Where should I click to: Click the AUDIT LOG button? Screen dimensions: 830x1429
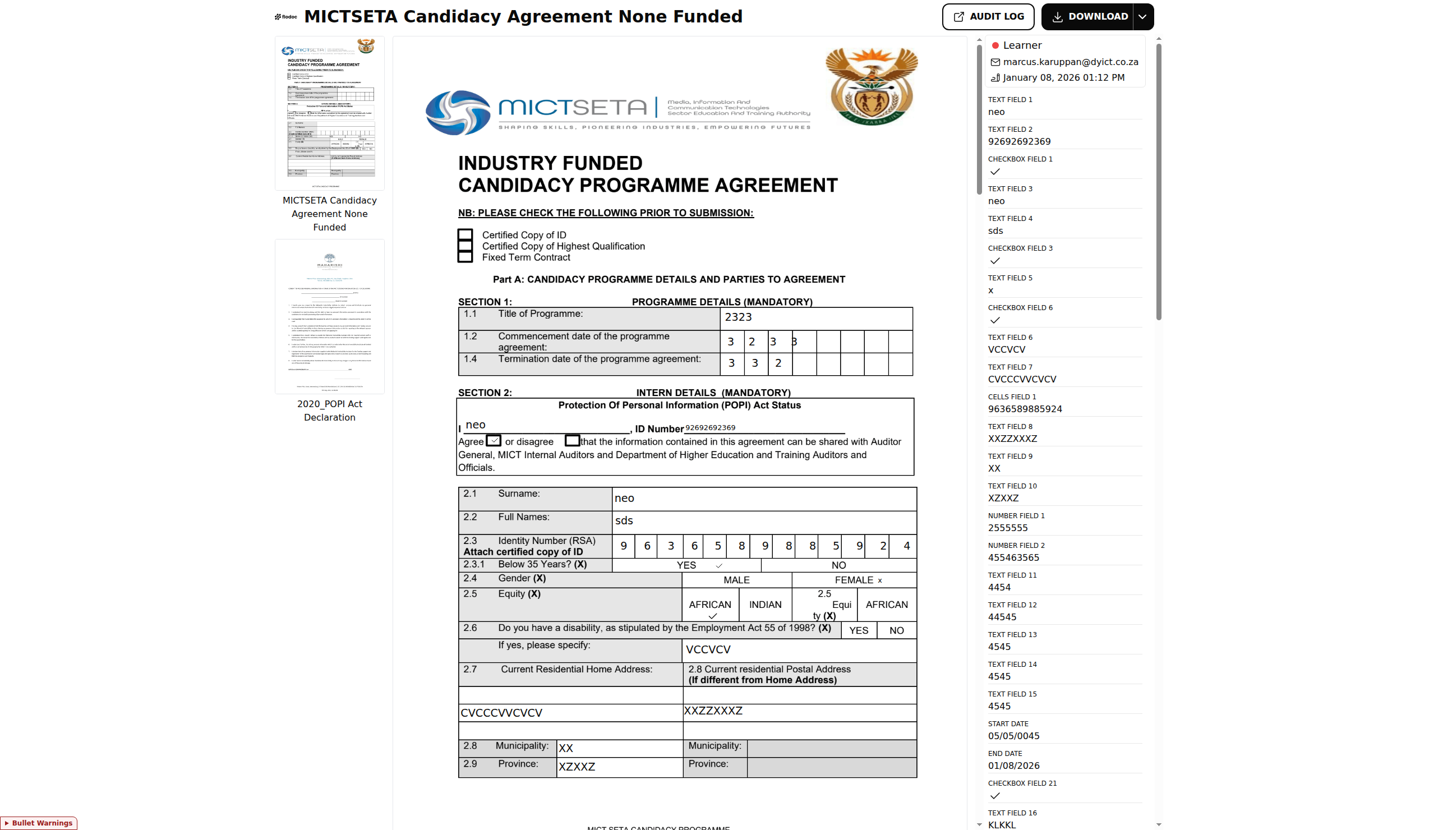(x=988, y=16)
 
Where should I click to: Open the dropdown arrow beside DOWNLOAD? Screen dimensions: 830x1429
(x=1142, y=16)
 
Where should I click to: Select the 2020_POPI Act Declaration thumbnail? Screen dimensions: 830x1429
(x=329, y=316)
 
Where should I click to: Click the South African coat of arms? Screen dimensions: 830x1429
(x=871, y=86)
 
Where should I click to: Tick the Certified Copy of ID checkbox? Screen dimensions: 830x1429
(x=465, y=235)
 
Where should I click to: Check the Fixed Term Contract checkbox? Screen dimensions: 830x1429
(x=465, y=257)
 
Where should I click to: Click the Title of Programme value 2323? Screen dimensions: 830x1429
(x=738, y=317)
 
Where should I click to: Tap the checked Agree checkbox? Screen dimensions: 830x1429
(x=494, y=440)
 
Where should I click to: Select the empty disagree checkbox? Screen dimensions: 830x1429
(x=571, y=440)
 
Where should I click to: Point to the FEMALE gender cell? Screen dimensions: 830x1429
(x=854, y=580)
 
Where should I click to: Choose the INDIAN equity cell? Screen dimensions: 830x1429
(x=765, y=605)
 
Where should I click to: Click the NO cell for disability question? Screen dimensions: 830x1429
(x=896, y=630)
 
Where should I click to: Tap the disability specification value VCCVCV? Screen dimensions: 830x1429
(x=708, y=650)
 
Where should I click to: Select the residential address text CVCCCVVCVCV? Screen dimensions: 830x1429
(x=501, y=713)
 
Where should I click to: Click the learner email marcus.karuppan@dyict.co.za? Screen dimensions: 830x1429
(x=1070, y=62)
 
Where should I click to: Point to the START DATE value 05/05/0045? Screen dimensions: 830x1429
(x=1013, y=736)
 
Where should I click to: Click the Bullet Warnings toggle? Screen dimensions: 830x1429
(x=39, y=823)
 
